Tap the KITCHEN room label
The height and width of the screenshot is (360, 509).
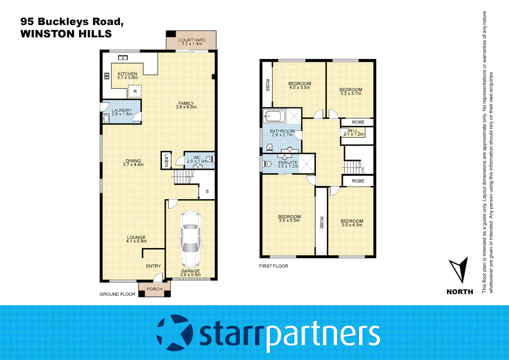pyautogui.click(x=127, y=76)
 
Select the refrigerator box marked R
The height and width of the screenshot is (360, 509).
pyautogui.click(x=135, y=91)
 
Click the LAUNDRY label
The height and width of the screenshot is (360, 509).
pyautogui.click(x=122, y=112)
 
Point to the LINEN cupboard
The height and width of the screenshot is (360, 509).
pyautogui.click(x=166, y=160)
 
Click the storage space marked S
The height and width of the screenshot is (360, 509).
pyautogui.click(x=207, y=191)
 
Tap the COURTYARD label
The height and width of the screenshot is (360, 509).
pyautogui.click(x=192, y=42)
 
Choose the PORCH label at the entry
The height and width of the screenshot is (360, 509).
pyautogui.click(x=155, y=289)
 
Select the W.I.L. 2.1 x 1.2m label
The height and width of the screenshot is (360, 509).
pyautogui.click(x=354, y=132)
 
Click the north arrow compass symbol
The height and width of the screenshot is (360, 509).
pyautogui.click(x=460, y=269)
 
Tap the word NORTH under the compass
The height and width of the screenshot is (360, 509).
pyautogui.click(x=460, y=292)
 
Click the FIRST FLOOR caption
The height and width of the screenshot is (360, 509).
pyautogui.click(x=273, y=266)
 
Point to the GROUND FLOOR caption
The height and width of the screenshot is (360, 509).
pyautogui.click(x=117, y=294)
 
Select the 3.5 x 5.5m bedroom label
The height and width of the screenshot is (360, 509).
pyautogui.click(x=289, y=218)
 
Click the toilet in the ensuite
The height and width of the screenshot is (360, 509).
pyautogui.click(x=267, y=164)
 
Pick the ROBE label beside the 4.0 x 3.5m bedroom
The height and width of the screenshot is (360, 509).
pyautogui.click(x=267, y=85)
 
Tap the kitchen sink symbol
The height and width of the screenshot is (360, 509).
pyautogui.click(x=123, y=58)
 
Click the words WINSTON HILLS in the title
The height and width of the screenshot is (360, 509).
pyautogui.click(x=66, y=34)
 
